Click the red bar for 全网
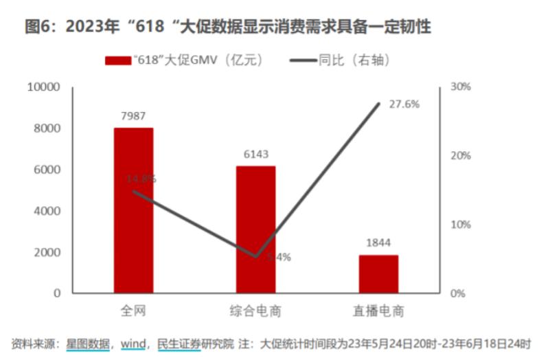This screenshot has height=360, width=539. [133, 210]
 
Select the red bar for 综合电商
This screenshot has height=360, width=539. [255, 229]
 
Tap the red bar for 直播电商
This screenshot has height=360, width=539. [378, 274]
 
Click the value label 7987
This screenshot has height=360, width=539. [133, 116]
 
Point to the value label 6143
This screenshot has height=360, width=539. [255, 155]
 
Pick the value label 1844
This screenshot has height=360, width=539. [378, 243]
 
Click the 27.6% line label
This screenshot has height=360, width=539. [404, 104]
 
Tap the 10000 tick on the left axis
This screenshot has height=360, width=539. [44, 87]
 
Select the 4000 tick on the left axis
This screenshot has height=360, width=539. [48, 211]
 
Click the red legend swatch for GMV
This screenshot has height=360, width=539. [117, 60]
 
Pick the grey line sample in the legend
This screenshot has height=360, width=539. [303, 60]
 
